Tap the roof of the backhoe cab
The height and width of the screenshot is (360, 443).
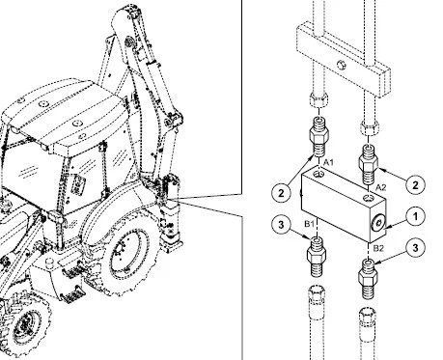[x=58, y=106]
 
